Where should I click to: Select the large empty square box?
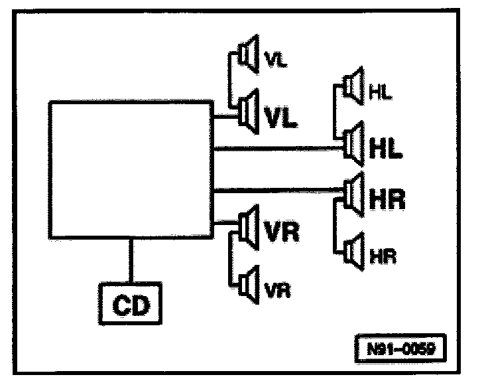tap(131, 170)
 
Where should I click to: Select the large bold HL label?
tap(385, 149)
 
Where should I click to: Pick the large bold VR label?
tap(282, 233)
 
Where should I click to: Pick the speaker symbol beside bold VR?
tap(250, 227)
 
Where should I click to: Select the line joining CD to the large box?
tap(130, 260)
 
